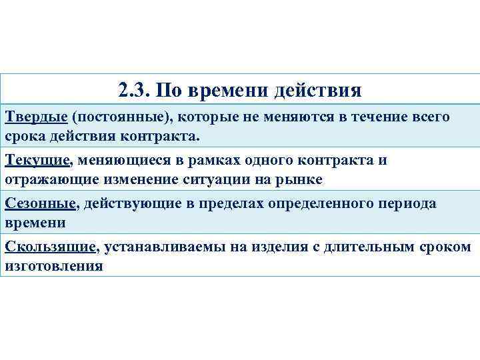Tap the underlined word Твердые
[36, 117]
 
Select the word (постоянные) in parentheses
[123, 118]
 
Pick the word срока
[25, 137]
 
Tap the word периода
[405, 204]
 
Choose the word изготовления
[54, 267]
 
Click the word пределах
[229, 204]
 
